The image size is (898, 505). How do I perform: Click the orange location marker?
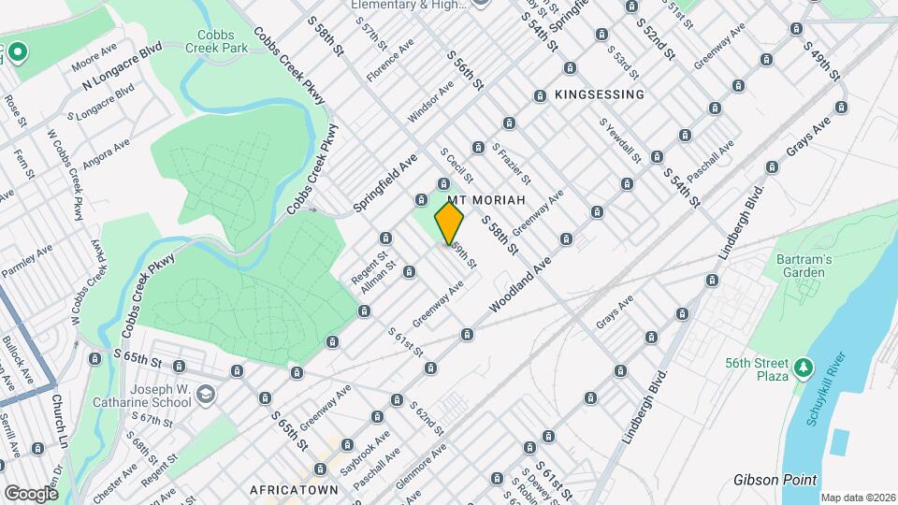tap(450, 224)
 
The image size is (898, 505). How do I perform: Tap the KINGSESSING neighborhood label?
tap(599, 94)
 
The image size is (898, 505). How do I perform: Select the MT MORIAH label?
tap(483, 200)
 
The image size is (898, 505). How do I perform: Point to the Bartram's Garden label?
tap(801, 265)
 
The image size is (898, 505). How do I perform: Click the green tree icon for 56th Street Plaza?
tap(802, 365)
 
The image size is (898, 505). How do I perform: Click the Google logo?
tap(31, 493)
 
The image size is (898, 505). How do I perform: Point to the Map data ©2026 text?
tap(858, 498)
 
